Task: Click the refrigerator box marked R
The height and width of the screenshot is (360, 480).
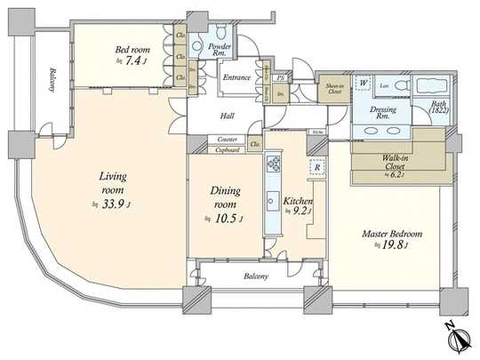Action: pos(316,165)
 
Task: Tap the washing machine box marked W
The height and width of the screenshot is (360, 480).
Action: pos(364,84)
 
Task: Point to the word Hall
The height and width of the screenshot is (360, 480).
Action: pos(228,115)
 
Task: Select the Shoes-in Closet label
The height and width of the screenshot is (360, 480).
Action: pos(334,87)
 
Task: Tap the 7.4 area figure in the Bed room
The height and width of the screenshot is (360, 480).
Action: pos(131,62)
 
